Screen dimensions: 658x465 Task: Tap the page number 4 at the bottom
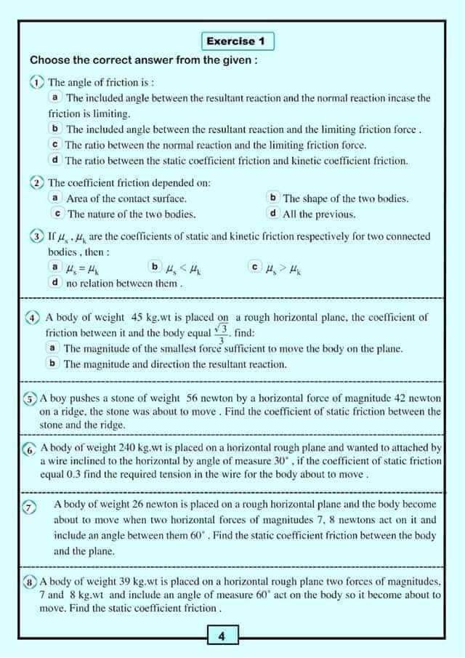(x=222, y=637)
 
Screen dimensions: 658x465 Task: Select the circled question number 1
(x=37, y=83)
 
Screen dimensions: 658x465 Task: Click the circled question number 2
(x=37, y=182)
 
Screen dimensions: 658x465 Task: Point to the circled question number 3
(x=37, y=237)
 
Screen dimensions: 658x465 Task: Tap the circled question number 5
(x=30, y=398)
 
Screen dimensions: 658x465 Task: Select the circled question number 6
(x=30, y=449)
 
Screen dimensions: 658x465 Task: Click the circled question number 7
(x=30, y=508)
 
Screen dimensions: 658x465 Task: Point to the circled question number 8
(x=30, y=582)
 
